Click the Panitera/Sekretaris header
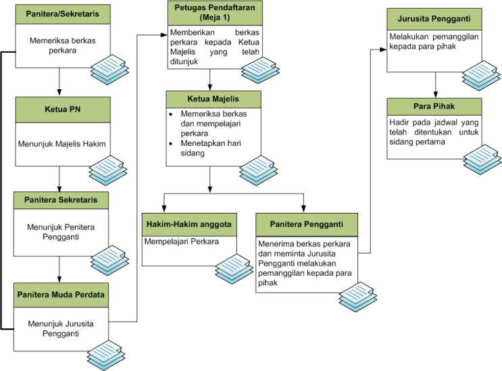pos(63,14)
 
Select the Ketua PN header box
pos(63,109)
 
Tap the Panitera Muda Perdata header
pos(61,295)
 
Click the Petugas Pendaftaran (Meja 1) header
pos(215,13)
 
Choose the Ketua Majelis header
pos(214,99)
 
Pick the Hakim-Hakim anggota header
pos(189,225)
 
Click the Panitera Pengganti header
pos(306,225)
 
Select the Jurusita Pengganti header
pos(434,19)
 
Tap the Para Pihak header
pos(434,107)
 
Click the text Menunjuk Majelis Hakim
pos(61,144)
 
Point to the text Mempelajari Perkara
pos(182,241)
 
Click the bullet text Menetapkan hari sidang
pos(211,148)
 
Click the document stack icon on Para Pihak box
pos(482,159)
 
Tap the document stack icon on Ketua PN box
pos(108,170)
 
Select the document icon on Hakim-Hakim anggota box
pos(234,269)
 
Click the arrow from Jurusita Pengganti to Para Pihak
pos(435,85)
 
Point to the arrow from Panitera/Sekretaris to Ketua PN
pos(59,82)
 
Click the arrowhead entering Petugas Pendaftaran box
pos(164,34)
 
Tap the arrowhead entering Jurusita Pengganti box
pos(383,49)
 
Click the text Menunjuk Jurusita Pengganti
pos(61,328)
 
